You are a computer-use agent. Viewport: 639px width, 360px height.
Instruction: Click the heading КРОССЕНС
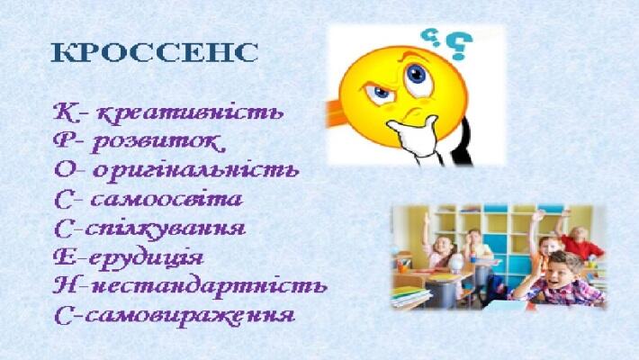pyautogui.click(x=155, y=52)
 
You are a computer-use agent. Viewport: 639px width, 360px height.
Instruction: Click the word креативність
pyautogui.click(x=190, y=112)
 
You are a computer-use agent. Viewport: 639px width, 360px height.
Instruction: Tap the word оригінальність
pyautogui.click(x=196, y=170)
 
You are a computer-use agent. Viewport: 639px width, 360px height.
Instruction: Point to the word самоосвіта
pyautogui.click(x=166, y=200)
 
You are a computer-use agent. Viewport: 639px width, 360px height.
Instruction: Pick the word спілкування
pyautogui.click(x=165, y=229)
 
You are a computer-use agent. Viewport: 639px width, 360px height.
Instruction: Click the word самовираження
pyautogui.click(x=190, y=316)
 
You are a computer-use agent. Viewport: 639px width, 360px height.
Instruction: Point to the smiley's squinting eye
pyautogui.click(x=379, y=93)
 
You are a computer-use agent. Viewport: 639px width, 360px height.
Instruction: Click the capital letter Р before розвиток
pyautogui.click(x=64, y=140)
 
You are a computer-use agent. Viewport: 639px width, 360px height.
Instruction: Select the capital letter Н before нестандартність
pyautogui.click(x=65, y=286)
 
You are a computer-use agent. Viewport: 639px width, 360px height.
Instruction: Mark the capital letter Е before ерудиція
pyautogui.click(x=65, y=257)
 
